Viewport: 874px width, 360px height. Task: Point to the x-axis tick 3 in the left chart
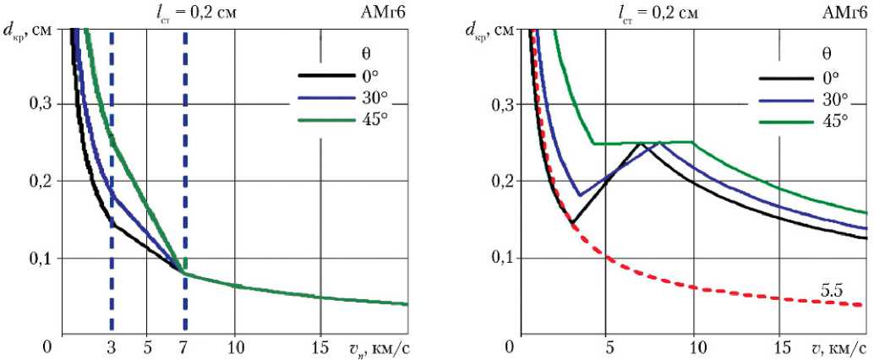coord(112,347)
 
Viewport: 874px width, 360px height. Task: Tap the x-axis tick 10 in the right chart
coord(695,346)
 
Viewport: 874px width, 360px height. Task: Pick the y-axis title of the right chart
coord(489,32)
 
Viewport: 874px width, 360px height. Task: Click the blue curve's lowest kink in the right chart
coord(579,195)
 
